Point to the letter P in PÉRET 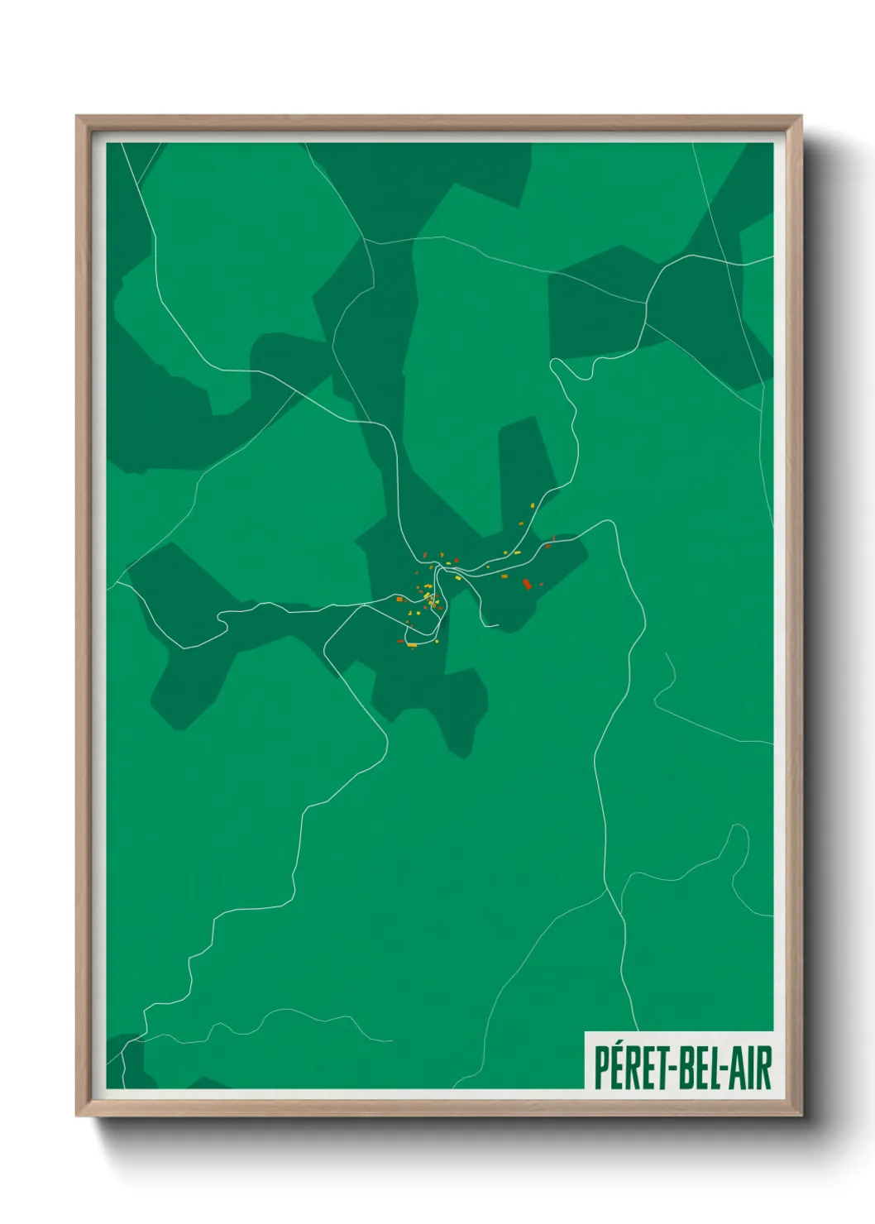tap(601, 1068)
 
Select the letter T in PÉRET tap(662, 1068)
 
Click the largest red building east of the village tap(527, 584)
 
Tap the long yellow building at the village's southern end tap(411, 644)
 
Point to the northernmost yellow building tap(532, 505)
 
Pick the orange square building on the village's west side tap(399, 599)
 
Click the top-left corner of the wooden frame tap(77, 117)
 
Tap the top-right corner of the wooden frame tap(801, 117)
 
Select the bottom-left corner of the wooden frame tap(77, 1116)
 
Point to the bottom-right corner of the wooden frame tap(801, 1116)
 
